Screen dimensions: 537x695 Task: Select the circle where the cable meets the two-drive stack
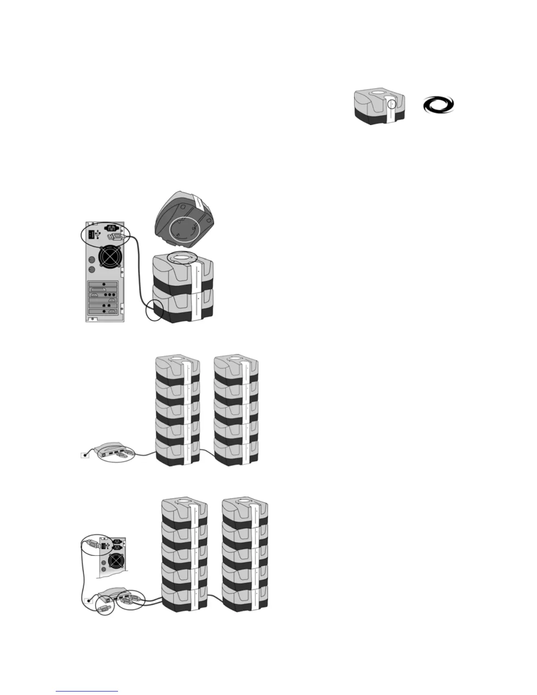pos(154,310)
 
